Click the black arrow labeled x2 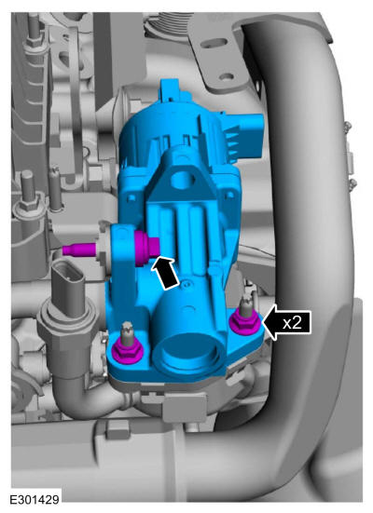coord(287,322)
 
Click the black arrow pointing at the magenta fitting coord(166,273)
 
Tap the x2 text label coord(292,323)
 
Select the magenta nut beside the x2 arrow coord(246,324)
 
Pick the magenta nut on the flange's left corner coord(127,352)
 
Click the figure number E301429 coord(35,500)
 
